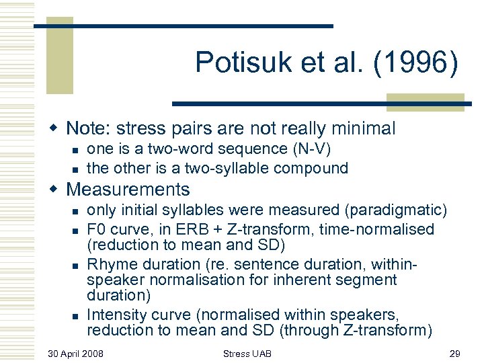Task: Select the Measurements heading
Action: click(x=128, y=190)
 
